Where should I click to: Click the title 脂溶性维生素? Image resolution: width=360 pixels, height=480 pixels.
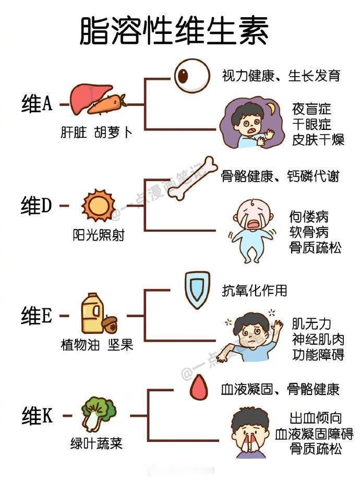click(x=174, y=31)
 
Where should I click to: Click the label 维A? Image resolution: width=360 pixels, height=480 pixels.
click(x=37, y=103)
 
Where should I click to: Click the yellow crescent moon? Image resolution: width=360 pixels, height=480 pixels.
click(x=271, y=109)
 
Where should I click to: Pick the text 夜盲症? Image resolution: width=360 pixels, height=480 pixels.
click(x=311, y=109)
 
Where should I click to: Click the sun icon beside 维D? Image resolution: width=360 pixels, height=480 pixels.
click(x=98, y=205)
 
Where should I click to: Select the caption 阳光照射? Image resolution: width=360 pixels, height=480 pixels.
click(x=99, y=235)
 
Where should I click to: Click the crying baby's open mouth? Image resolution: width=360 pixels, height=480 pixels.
click(x=254, y=224)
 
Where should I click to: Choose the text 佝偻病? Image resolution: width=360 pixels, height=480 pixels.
click(x=308, y=217)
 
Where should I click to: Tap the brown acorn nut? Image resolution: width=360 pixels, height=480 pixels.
click(x=110, y=325)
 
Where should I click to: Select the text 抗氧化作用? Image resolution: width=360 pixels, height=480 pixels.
click(x=255, y=290)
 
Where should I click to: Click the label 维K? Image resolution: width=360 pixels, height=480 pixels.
click(x=37, y=416)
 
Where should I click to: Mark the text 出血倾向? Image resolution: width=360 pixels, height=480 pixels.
click(x=315, y=418)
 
